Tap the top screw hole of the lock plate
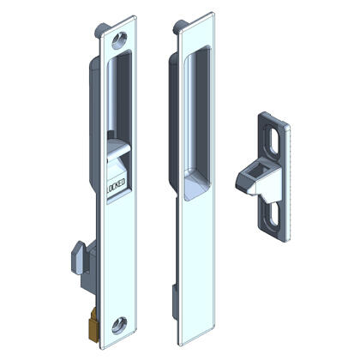(x=118, y=38)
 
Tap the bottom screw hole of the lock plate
(x=118, y=323)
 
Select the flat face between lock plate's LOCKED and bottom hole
(x=118, y=257)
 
